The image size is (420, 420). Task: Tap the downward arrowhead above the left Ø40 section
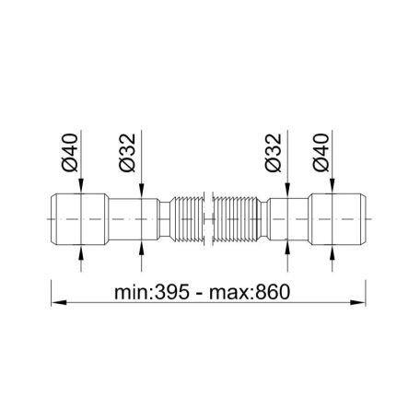point(84,192)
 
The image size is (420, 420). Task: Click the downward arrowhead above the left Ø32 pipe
point(142,196)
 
